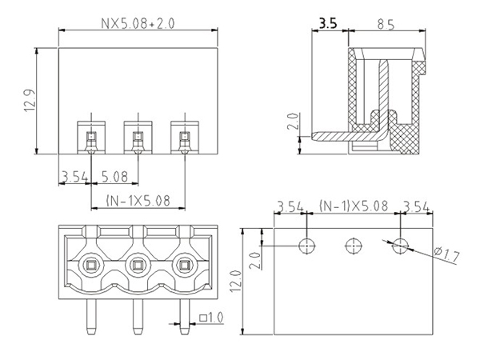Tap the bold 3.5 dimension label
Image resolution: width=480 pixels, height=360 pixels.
[x=327, y=24]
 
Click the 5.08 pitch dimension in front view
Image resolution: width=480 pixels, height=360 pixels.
[x=115, y=176]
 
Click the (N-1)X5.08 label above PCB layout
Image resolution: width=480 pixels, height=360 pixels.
[x=353, y=206]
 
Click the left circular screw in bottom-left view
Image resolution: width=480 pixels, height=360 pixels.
[x=90, y=265]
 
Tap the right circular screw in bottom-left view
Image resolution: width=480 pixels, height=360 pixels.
[x=185, y=265]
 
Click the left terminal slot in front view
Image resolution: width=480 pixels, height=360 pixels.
[x=90, y=138]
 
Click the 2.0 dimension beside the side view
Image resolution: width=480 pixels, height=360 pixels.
[x=292, y=125]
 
